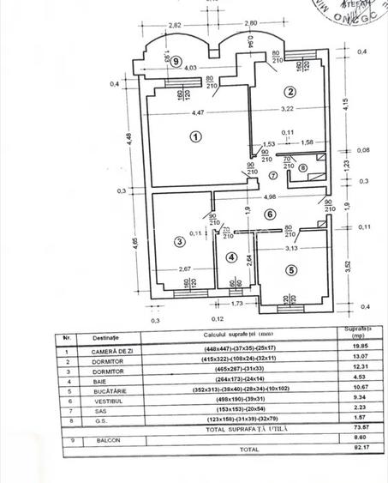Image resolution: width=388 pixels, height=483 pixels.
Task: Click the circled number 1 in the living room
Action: (x=195, y=136)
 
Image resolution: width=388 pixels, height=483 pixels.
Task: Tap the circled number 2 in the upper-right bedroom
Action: (x=290, y=92)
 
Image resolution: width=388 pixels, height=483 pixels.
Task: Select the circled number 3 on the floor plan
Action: (x=178, y=242)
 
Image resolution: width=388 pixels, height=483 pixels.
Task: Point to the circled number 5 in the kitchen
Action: (x=290, y=271)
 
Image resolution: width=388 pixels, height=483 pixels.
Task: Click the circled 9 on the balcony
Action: (x=176, y=61)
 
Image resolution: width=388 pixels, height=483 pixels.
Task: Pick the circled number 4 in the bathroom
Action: (x=230, y=257)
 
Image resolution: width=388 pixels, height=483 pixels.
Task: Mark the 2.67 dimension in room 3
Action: (x=184, y=269)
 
